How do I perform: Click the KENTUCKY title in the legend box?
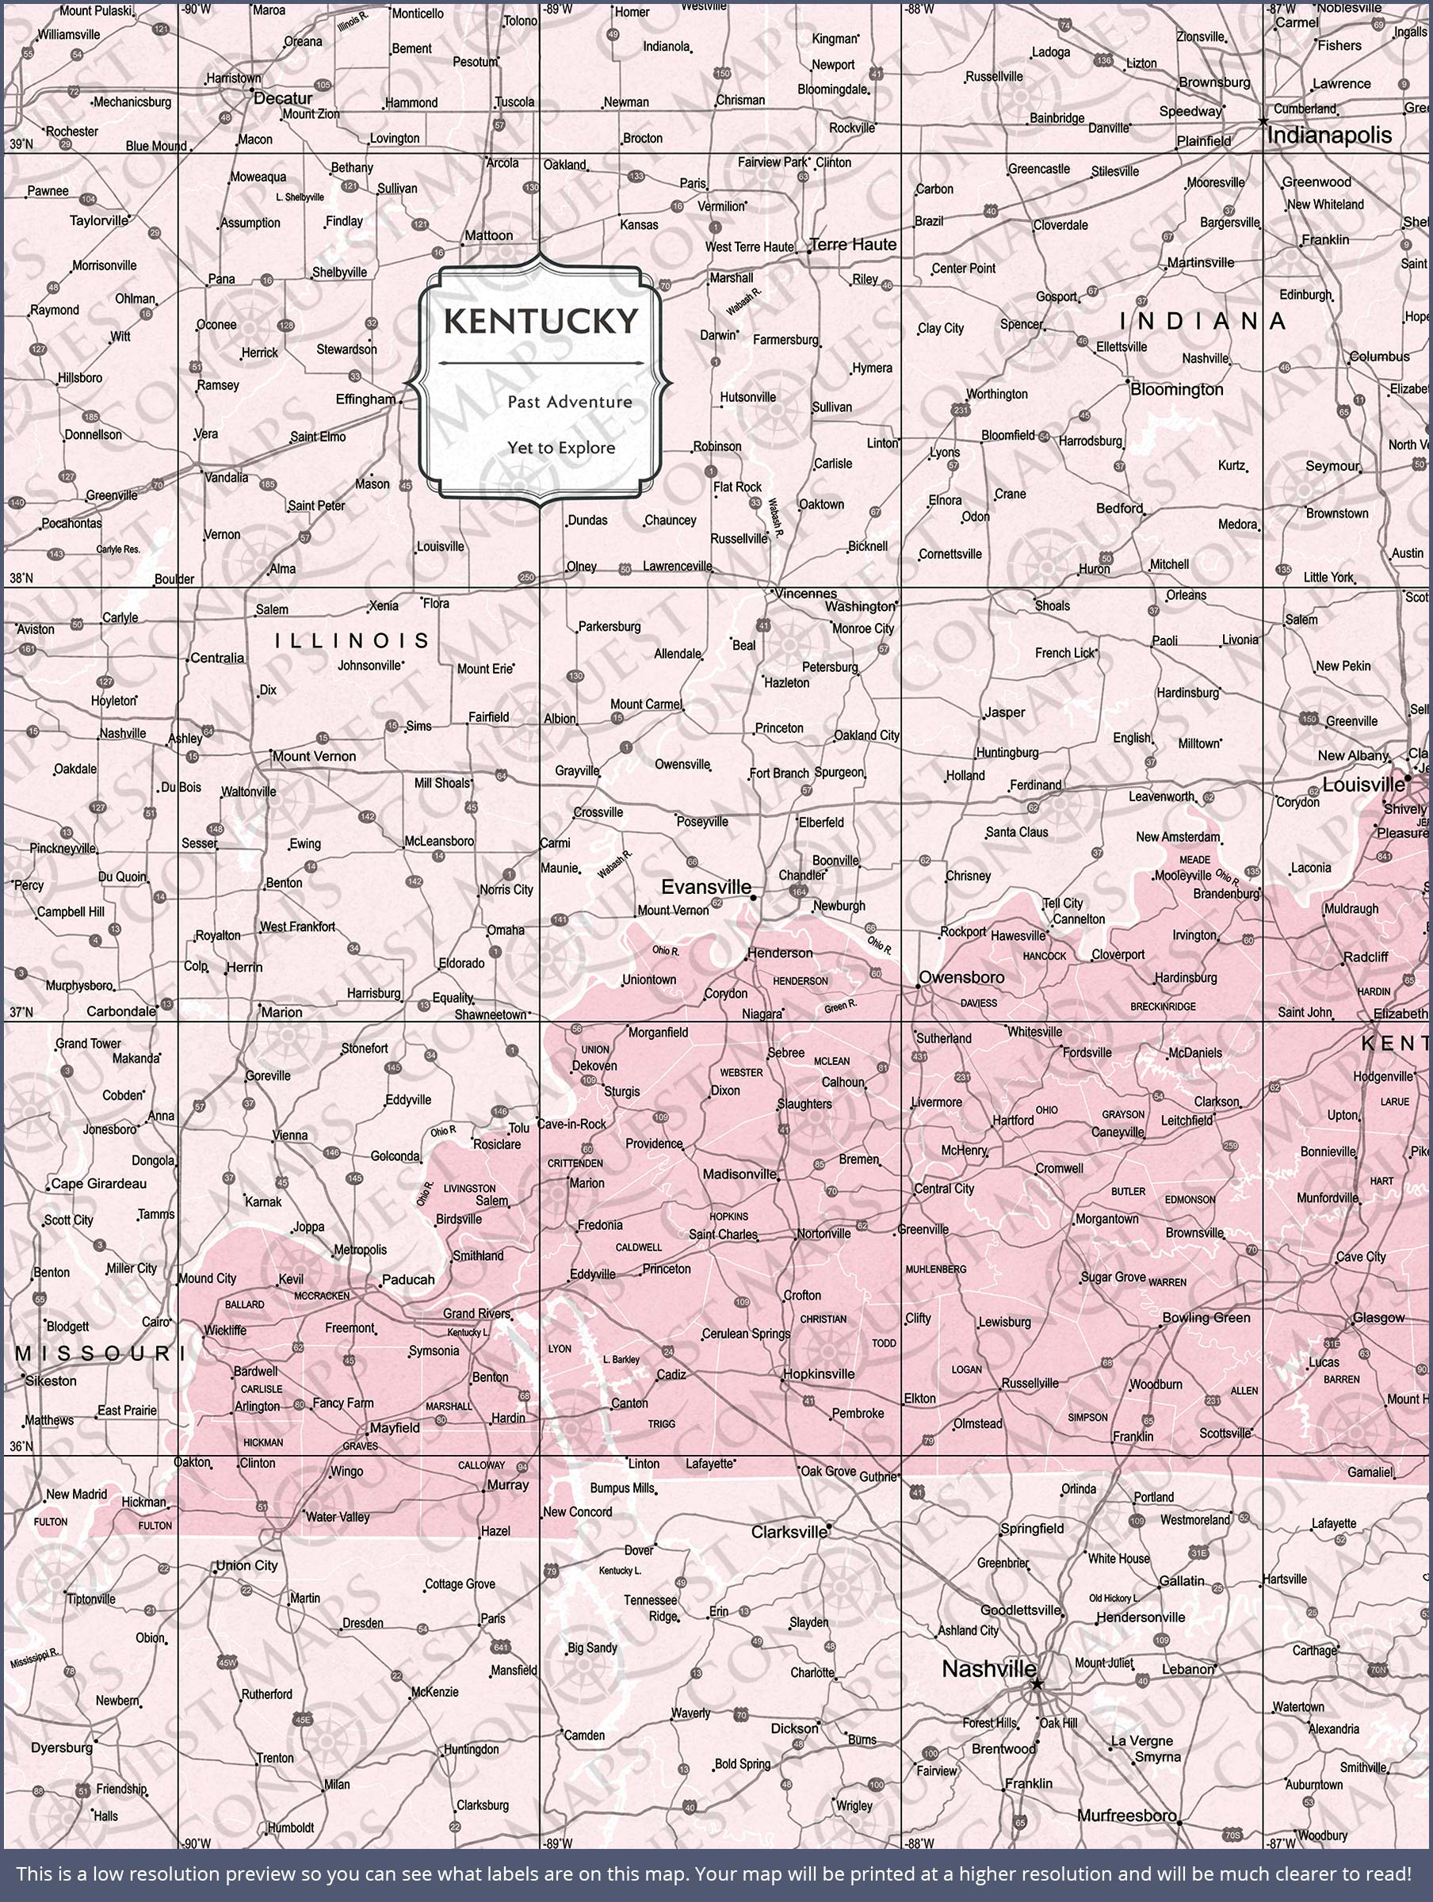pyautogui.click(x=541, y=322)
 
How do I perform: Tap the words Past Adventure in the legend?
pyautogui.click(x=569, y=402)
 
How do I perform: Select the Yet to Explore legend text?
pyautogui.click(x=561, y=448)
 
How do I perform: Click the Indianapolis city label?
pyautogui.click(x=1329, y=135)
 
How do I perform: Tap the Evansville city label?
pyautogui.click(x=705, y=887)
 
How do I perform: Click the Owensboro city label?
pyautogui.click(x=961, y=978)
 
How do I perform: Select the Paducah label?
pyautogui.click(x=407, y=1279)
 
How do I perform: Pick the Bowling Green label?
pyautogui.click(x=1206, y=1317)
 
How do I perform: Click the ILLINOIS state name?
pyautogui.click(x=352, y=640)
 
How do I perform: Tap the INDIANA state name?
pyautogui.click(x=1202, y=322)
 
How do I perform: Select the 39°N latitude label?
pyautogui.click(x=21, y=144)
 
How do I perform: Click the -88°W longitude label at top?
pyautogui.click(x=919, y=10)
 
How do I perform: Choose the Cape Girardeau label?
pyautogui.click(x=98, y=1184)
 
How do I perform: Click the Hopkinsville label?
pyautogui.click(x=818, y=1374)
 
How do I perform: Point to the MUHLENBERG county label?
pyautogui.click(x=935, y=1269)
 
